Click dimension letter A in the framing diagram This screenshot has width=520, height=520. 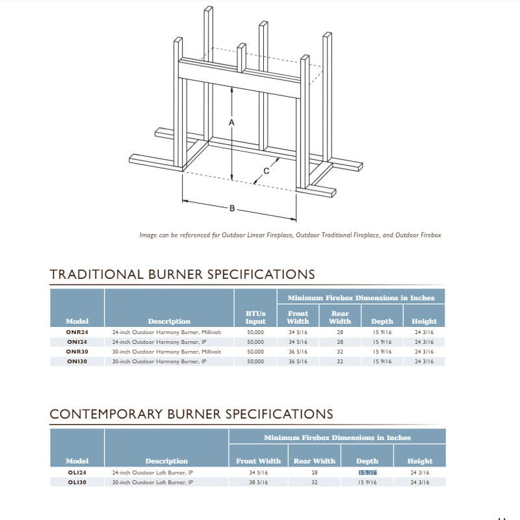(x=232, y=122)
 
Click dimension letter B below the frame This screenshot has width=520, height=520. (x=232, y=209)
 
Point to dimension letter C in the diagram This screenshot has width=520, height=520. (x=266, y=172)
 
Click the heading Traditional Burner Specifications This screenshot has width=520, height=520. (x=182, y=274)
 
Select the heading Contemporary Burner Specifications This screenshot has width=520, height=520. (x=191, y=414)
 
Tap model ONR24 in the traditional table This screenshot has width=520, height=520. (x=77, y=331)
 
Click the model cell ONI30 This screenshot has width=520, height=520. (x=77, y=361)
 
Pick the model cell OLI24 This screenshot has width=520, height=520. (x=77, y=472)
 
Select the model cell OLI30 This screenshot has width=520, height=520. (x=77, y=482)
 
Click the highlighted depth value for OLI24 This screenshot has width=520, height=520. (x=367, y=472)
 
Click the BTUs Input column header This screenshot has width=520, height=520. (x=255, y=317)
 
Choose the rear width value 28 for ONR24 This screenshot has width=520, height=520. (x=340, y=331)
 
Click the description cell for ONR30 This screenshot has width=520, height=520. (x=166, y=351)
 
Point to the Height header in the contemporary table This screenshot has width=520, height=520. (x=420, y=461)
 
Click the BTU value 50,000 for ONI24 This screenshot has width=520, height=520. (x=255, y=341)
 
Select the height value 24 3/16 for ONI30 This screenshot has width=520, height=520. (x=424, y=361)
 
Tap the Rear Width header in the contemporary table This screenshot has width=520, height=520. (x=315, y=461)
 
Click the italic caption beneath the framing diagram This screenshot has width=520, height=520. (x=290, y=235)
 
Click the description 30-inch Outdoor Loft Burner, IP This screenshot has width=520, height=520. (x=153, y=482)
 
